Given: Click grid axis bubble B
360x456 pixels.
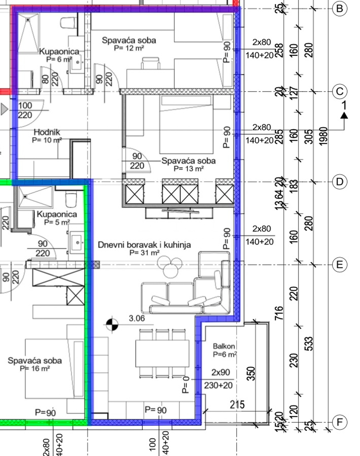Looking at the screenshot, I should coord(339,8).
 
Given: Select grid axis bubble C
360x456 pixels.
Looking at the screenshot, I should coord(339,92).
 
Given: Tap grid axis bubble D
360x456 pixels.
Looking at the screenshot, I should coord(339,182).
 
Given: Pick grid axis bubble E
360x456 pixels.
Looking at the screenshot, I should coord(339,265).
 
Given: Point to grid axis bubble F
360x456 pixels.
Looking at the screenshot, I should coord(339,422).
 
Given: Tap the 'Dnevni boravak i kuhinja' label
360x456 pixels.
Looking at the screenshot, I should coord(145,245).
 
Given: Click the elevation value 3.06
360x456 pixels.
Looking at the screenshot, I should coord(136,319).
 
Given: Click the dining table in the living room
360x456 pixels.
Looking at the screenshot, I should coord(162,353).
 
